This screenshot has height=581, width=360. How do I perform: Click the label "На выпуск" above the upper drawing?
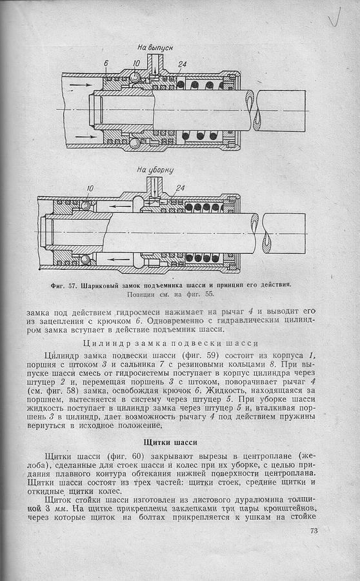pos(155,47)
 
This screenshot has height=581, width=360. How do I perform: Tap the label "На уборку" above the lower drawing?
pos(155,170)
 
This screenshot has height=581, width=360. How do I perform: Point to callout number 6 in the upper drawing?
pos(106,63)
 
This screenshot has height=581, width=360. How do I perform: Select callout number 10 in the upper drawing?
pos(136,63)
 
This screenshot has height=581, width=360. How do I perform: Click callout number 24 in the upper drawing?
pos(182,64)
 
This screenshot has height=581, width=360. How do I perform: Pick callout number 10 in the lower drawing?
pos(90,189)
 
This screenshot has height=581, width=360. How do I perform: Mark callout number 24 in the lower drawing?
pos(181,189)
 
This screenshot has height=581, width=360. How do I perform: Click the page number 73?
pos(314,531)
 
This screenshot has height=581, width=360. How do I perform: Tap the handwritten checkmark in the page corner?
pos(334,17)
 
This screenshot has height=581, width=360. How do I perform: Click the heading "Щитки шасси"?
pos(170,442)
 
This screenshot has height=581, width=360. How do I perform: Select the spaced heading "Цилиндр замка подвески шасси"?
pos(171,343)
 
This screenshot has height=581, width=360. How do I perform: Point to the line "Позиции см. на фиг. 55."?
pos(170,294)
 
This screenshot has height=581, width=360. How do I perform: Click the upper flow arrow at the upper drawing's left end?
pos(79,85)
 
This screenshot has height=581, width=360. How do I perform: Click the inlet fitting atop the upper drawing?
pos(155,63)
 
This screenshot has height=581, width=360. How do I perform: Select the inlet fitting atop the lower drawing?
pos(154,186)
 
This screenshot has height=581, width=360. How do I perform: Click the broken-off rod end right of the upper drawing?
pos(282,111)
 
